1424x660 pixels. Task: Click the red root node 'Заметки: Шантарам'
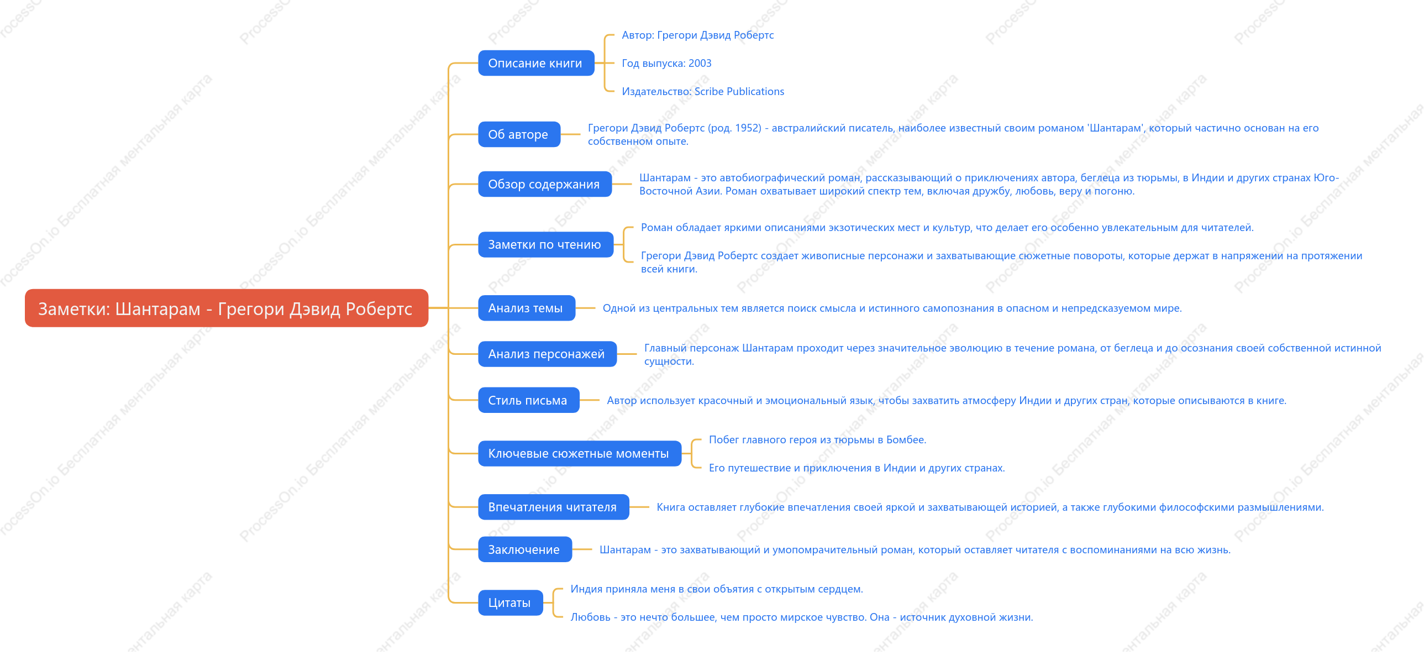point(226,308)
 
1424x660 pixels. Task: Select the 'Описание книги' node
point(535,63)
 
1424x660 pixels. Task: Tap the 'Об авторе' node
point(519,134)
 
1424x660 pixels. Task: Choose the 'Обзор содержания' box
point(544,184)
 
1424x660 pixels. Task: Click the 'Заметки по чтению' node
point(545,244)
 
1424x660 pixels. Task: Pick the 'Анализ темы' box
point(526,308)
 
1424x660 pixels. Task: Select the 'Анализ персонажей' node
point(547,354)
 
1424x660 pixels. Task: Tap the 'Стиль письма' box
point(528,400)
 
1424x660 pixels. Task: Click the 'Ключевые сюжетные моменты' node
point(579,453)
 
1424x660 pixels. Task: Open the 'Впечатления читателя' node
point(553,507)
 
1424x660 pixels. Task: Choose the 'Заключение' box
point(524,549)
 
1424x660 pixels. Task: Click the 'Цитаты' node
point(510,603)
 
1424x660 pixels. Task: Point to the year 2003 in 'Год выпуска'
point(700,63)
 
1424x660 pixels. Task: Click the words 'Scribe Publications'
point(739,91)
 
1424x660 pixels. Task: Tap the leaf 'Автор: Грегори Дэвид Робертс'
point(697,35)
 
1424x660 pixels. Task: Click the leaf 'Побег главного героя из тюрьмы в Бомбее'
point(818,439)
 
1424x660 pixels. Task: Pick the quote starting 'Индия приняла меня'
point(717,589)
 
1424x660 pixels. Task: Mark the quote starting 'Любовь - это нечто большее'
point(802,617)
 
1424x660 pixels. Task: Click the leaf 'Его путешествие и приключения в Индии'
point(857,468)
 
